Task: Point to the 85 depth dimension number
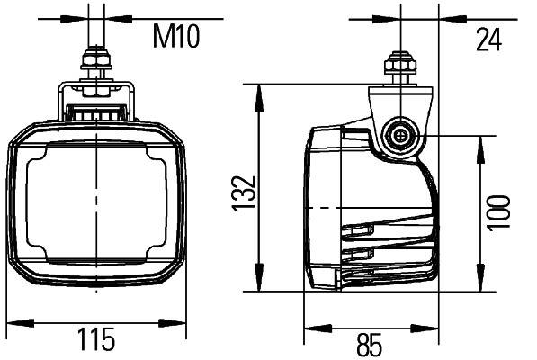pyautogui.click(x=370, y=343)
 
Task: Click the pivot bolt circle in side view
pyautogui.click(x=398, y=137)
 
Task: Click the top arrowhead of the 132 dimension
pyautogui.click(x=259, y=91)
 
